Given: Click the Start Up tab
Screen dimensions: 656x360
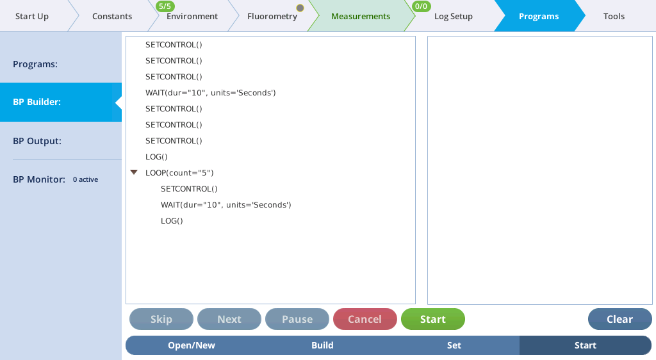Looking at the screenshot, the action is pos(32,16).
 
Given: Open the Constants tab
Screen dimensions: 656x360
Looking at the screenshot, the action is pos(112,16).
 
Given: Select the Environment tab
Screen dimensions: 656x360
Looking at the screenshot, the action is pos(192,16).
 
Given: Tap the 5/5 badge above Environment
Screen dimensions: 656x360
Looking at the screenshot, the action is pos(165,6).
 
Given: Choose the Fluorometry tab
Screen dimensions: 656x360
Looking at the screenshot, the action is pos(272,16).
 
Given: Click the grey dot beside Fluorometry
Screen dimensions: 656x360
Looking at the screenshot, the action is pos(300,8).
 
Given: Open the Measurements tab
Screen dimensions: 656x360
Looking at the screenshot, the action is pos(361,16).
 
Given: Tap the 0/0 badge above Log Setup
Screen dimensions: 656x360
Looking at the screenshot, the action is pos(421,6).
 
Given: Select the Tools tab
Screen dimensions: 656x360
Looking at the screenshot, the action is pos(614,16).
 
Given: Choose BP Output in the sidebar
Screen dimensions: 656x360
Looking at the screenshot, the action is pos(37,141).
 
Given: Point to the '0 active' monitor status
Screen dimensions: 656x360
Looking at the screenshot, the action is pos(85,179).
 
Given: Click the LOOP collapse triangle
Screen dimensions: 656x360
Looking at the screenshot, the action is pos(134,172).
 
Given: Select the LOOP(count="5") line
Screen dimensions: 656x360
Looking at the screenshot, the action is pos(179,173).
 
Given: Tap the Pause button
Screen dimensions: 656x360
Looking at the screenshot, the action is pos(297,319).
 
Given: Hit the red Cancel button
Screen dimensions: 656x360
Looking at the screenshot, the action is pos(365,319).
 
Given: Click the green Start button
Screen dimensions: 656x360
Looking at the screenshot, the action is pos(432,319).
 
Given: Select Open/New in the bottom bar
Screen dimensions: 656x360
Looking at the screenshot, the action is pos(192,345).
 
